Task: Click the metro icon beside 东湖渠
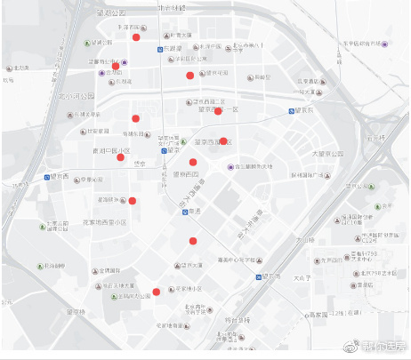tap(161, 49)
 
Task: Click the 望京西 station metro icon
tap(47, 177)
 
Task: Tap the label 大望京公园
tap(332, 154)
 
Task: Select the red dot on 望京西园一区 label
tap(219, 111)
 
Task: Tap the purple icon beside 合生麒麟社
tap(230, 166)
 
